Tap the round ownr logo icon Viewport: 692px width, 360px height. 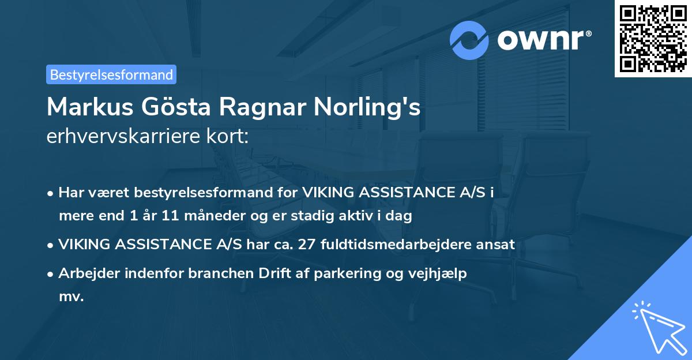(469, 40)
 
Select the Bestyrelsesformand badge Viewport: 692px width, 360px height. (111, 74)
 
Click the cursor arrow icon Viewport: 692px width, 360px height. (657, 326)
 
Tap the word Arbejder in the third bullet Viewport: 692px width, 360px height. (87, 273)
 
